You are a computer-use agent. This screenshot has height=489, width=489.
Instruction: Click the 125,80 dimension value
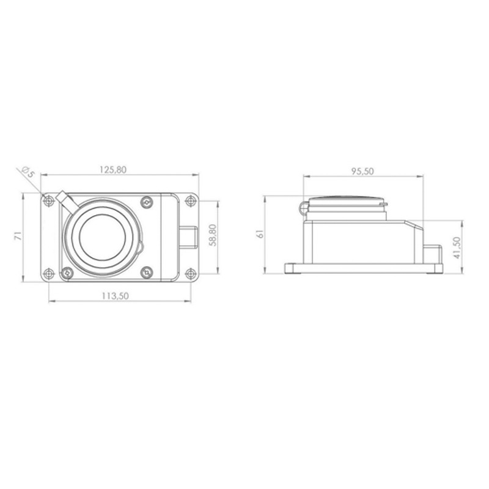pyautogui.click(x=113, y=170)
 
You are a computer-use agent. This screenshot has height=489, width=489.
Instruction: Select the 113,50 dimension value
pyautogui.click(x=115, y=296)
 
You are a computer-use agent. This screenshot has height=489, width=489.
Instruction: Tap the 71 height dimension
pyautogui.click(x=19, y=235)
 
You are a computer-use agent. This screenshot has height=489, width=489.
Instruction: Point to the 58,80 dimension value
pyautogui.click(x=213, y=235)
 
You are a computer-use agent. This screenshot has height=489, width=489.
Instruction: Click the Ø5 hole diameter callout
pyautogui.click(x=28, y=172)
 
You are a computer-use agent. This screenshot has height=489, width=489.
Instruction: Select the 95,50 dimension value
pyautogui.click(x=362, y=171)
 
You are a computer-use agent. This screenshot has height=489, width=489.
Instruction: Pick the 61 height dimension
pyautogui.click(x=260, y=234)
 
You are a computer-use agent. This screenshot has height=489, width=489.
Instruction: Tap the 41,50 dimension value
pyautogui.click(x=457, y=248)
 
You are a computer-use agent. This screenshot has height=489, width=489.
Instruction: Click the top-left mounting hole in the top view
pyautogui.click(x=48, y=201)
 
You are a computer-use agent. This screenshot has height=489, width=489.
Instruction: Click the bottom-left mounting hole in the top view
pyautogui.click(x=48, y=274)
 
